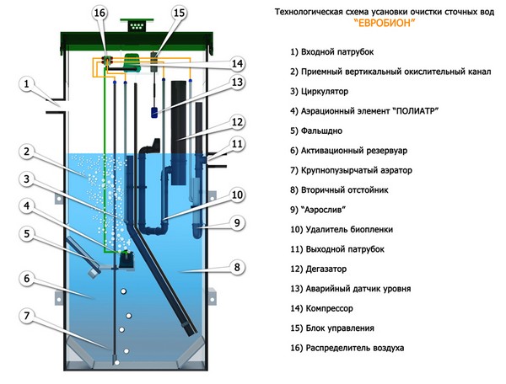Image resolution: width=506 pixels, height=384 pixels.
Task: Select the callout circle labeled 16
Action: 100,13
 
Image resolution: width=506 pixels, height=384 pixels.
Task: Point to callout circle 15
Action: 179,13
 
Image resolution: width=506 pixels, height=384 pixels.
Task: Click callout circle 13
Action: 237,83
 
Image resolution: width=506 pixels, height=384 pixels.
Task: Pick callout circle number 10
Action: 237,195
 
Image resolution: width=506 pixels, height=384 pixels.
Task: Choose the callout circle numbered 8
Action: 237,267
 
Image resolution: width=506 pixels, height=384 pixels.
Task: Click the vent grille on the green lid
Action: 133,25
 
